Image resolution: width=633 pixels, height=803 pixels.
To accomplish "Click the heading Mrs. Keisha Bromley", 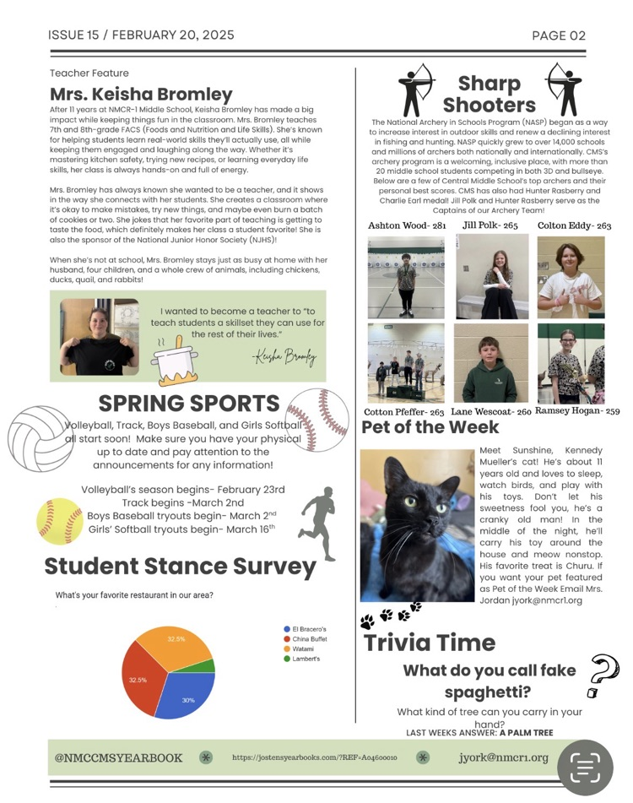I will point(141,94).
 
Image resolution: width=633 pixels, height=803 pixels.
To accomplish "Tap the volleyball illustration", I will point(41,438).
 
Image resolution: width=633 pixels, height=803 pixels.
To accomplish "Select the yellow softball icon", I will point(60,521).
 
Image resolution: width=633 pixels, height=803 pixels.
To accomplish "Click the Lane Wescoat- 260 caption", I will point(490,411).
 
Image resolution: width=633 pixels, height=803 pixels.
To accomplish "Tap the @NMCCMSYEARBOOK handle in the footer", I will point(118,757).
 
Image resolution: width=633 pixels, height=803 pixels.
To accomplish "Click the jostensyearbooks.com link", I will point(314,758).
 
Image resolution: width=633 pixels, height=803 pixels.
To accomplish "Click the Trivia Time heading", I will point(429,643).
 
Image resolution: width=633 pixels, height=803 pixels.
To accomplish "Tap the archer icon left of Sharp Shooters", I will point(416,89).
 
